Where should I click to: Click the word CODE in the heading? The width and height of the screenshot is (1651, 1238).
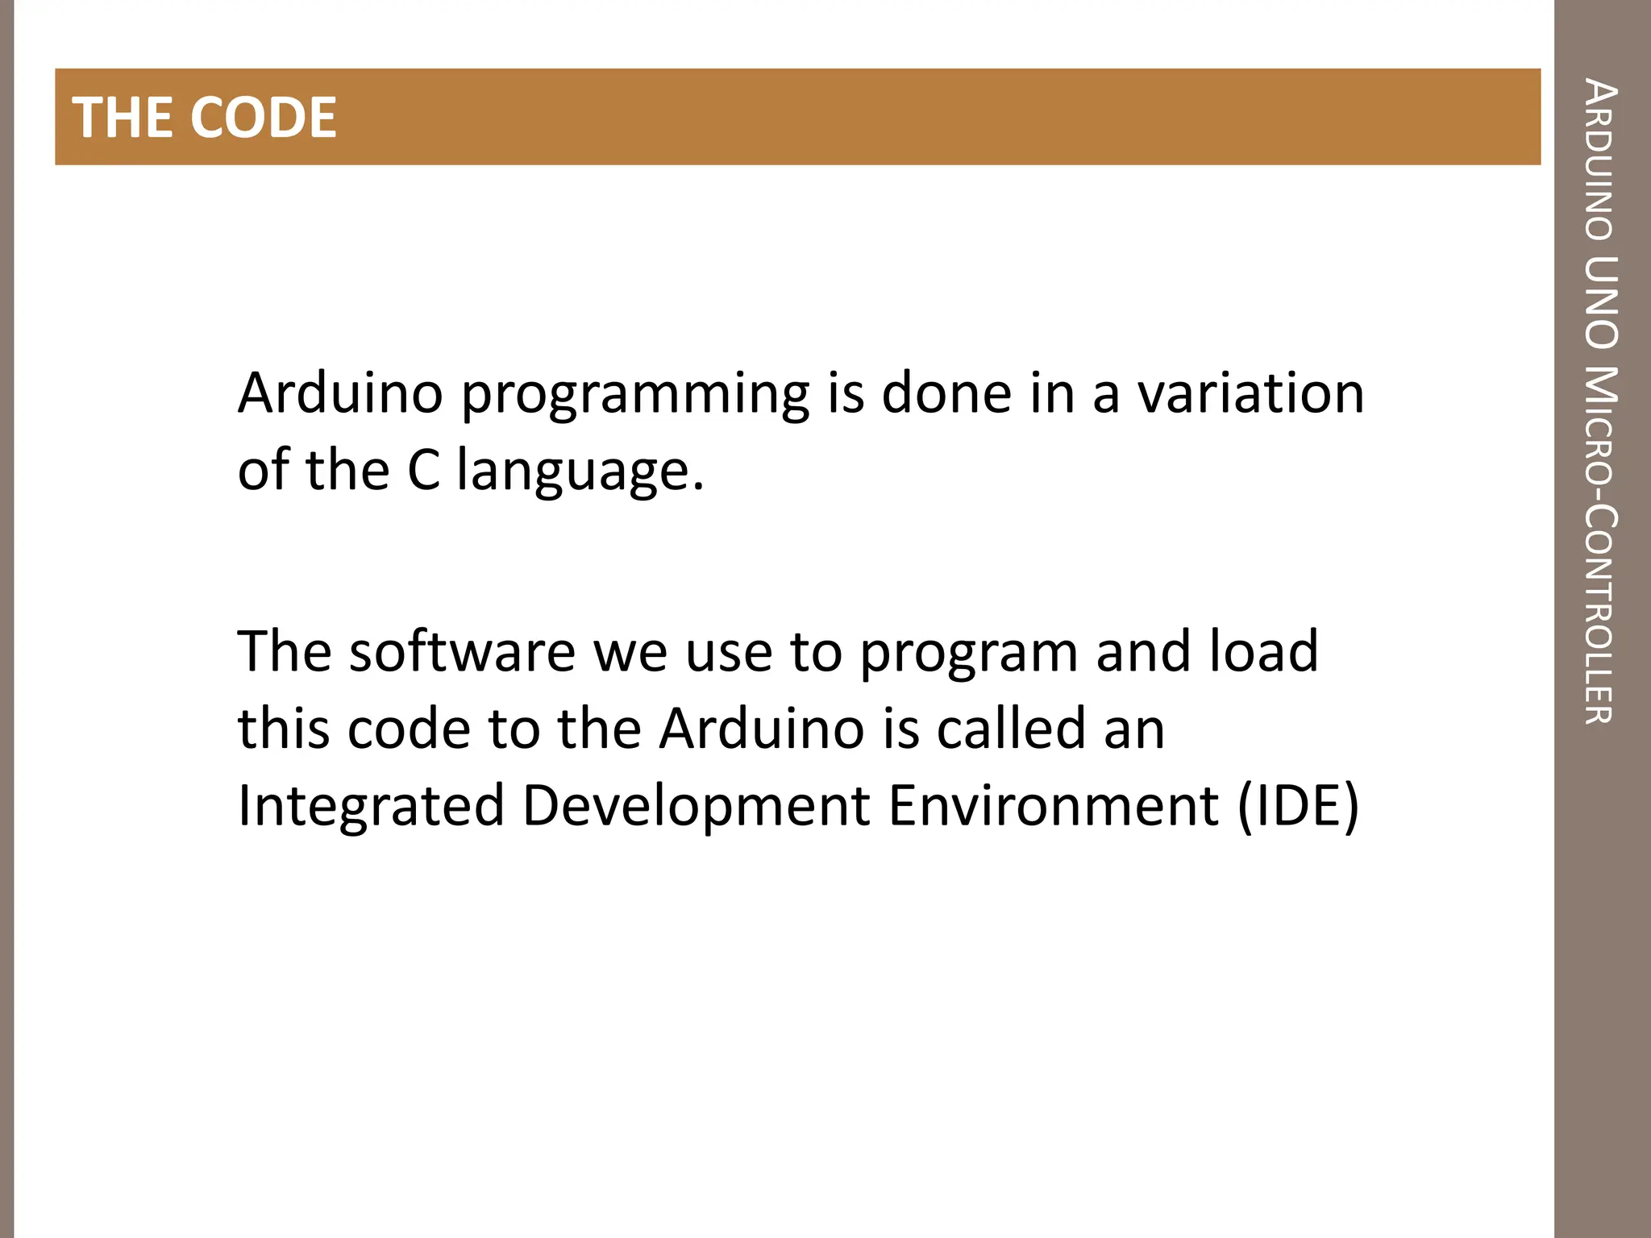(x=264, y=118)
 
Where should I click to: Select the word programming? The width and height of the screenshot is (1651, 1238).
(x=635, y=395)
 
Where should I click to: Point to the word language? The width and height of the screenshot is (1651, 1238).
(x=580, y=472)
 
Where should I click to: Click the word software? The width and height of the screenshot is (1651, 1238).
(x=462, y=651)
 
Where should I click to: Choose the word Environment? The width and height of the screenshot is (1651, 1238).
(x=1053, y=805)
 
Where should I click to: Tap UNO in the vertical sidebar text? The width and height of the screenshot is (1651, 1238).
(x=1600, y=301)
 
